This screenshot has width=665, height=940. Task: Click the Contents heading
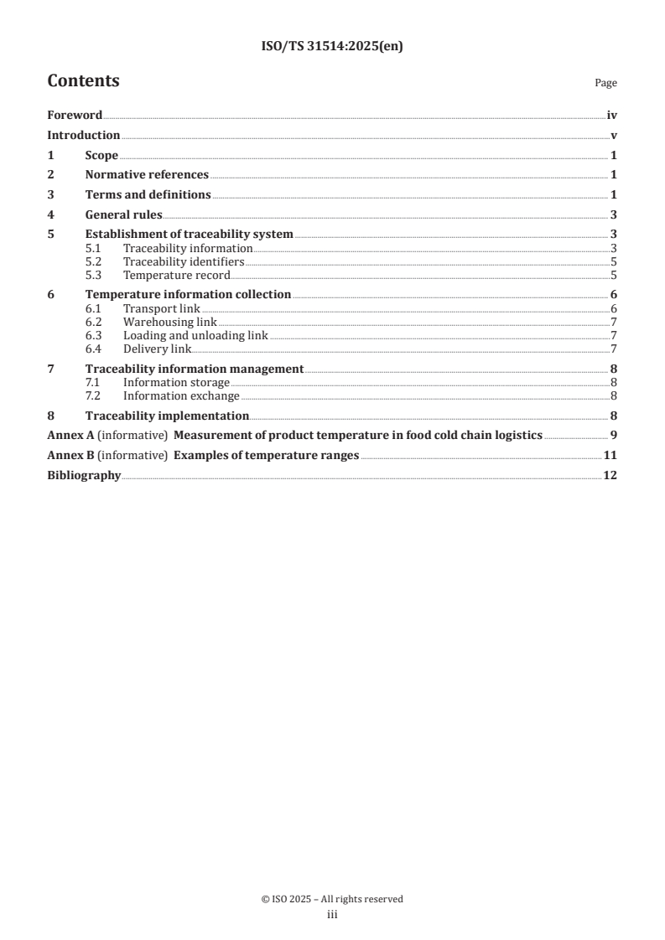coord(83,81)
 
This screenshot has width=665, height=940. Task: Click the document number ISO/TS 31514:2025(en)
coord(332,47)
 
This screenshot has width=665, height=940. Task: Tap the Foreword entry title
coord(75,116)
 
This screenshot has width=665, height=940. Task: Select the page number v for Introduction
coord(614,136)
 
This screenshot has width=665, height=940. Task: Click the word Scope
coord(101,155)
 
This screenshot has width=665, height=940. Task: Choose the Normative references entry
coord(147,175)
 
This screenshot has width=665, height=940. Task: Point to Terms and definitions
coord(148,194)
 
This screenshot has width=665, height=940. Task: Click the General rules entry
coord(123,214)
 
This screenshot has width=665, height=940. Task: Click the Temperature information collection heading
coord(188,294)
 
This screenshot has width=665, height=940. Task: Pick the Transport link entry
coord(162,308)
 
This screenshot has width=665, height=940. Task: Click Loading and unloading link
coord(195,335)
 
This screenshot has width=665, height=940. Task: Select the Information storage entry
coord(176,383)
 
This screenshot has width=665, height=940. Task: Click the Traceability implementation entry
coord(167,416)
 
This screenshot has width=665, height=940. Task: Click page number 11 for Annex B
coord(610,455)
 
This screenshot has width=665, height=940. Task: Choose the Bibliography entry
coord(84,475)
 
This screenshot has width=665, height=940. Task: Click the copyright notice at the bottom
coord(332,899)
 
